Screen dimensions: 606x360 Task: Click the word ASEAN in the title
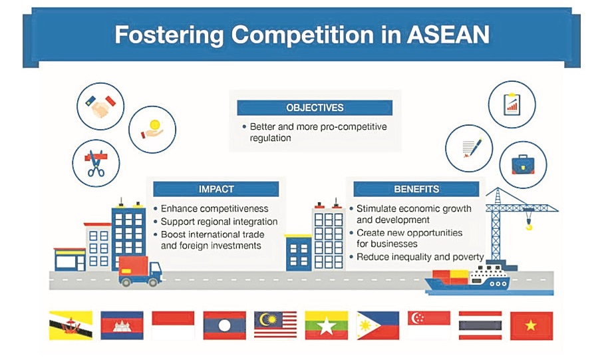coord(448,35)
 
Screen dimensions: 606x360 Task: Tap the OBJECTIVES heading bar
coord(315,108)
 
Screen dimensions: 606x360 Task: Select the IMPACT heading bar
coord(216,189)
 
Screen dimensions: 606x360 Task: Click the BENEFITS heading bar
coord(416,189)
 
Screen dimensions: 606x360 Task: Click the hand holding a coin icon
coord(152,130)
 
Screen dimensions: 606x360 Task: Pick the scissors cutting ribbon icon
coord(96,163)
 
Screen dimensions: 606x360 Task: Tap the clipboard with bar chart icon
coord(512,104)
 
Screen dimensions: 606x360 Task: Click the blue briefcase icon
coord(524,165)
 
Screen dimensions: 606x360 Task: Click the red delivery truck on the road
coord(140,271)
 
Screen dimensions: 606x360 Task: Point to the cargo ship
coord(468,280)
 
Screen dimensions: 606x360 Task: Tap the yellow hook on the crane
coord(529,225)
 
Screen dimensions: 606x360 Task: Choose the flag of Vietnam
coord(531,325)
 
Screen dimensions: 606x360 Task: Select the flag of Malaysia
coord(275,325)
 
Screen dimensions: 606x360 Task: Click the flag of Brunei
coord(71,325)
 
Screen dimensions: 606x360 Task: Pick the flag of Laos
coord(225,325)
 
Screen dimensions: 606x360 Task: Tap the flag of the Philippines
coord(378,325)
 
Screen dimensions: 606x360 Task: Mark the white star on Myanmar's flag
coord(327,327)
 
